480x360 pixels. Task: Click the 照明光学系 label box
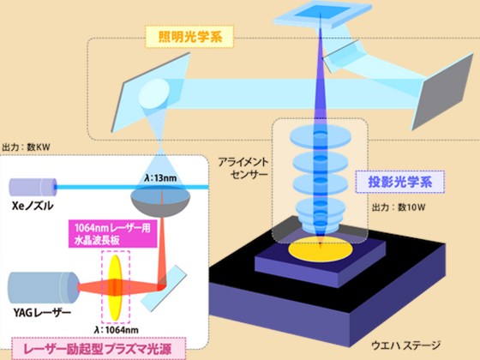[189, 38]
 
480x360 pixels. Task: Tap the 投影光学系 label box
[399, 182]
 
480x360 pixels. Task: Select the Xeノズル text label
[33, 206]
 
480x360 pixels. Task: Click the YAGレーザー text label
[42, 313]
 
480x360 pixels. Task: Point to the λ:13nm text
[160, 178]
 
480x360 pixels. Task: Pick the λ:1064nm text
[117, 330]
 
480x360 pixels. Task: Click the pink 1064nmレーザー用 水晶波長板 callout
[112, 234]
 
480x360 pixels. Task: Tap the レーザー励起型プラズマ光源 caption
[99, 349]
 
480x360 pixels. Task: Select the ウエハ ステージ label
[406, 346]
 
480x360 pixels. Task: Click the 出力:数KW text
[26, 147]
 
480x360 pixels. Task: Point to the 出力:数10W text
[399, 207]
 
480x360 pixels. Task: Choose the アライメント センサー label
[243, 168]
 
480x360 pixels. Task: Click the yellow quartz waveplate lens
[115, 288]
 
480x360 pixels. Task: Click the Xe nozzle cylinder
[33, 187]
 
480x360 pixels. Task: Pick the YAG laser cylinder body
[44, 288]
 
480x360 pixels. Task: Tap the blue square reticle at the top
[321, 15]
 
